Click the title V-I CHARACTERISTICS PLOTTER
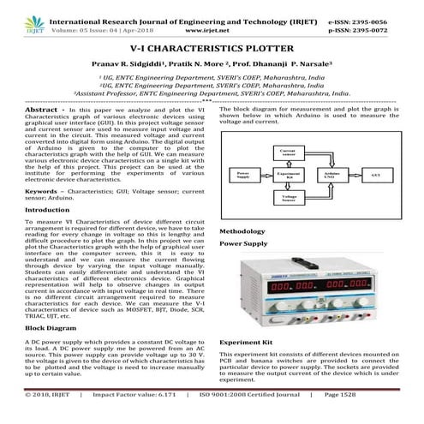[212, 51]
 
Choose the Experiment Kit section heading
[248, 341]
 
